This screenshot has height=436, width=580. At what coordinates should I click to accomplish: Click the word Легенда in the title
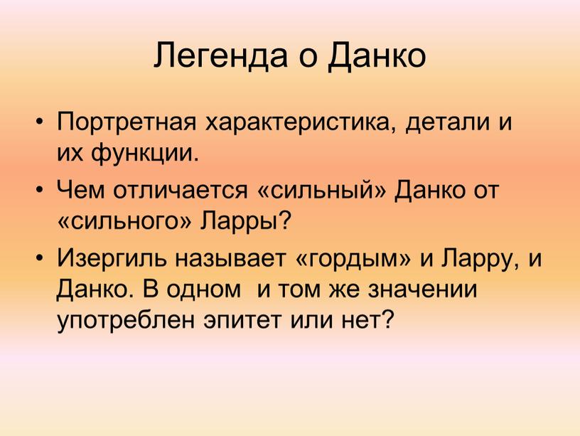click(x=220, y=56)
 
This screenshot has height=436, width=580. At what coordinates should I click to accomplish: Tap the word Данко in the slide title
click(x=377, y=56)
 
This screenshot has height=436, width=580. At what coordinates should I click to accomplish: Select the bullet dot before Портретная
click(x=40, y=121)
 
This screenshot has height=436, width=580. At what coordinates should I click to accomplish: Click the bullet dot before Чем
click(x=40, y=189)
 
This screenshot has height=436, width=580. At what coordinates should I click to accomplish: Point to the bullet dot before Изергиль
click(x=40, y=257)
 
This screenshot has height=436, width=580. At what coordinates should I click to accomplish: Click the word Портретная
click(x=127, y=123)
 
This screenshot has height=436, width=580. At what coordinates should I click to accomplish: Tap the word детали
click(x=446, y=123)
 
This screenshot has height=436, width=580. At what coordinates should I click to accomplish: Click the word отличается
click(x=181, y=190)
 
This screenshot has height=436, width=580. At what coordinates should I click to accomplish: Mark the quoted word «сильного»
click(x=124, y=221)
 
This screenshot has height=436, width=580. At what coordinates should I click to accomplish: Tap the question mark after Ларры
click(x=284, y=220)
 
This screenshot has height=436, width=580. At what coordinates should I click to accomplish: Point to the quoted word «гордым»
click(x=353, y=259)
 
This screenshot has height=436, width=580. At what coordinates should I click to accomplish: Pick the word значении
click(x=423, y=289)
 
